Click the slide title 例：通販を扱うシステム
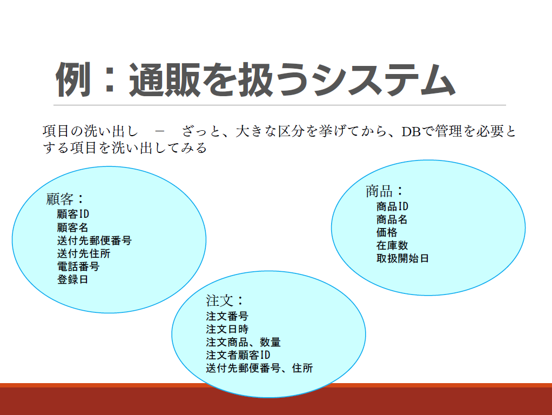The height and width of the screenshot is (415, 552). pos(255,80)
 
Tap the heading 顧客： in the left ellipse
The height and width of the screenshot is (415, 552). pos(65,199)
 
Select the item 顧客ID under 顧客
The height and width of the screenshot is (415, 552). pos(73,214)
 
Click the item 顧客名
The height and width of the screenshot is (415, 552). pos(72,227)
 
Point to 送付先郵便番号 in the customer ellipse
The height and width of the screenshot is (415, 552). pos(95,240)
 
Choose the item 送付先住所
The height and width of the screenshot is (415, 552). pos(84,253)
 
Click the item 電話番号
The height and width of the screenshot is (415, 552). pos(78,266)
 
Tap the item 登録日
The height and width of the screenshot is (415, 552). pos(72,279)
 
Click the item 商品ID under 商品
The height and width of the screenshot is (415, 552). pos(392,206)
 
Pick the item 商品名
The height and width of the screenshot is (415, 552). pos(392,219)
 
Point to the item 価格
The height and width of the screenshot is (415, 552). pos(387,232)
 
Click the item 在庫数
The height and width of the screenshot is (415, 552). pos(392,245)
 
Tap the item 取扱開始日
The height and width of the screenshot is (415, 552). pos(402,258)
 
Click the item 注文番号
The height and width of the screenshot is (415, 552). pos(227,316)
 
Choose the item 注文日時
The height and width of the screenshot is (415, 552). pos(227,329)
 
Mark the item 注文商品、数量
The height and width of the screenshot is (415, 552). pos(243,342)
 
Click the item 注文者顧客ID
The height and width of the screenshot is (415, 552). pos(238,355)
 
